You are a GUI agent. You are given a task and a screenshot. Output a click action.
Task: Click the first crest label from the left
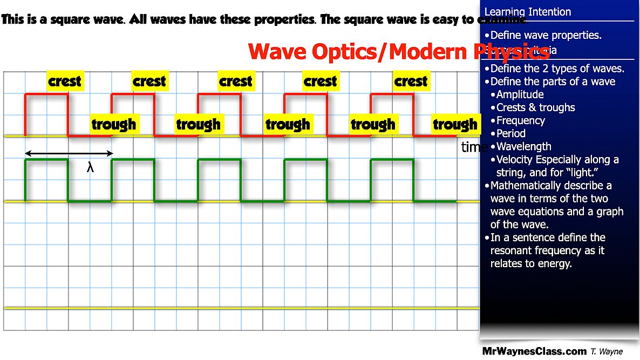tap(64, 81)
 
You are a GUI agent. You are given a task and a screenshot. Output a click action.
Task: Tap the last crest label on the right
tap(411, 81)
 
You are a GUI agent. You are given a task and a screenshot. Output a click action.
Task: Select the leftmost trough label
tap(113, 125)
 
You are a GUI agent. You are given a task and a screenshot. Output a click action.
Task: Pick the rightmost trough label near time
tap(455, 125)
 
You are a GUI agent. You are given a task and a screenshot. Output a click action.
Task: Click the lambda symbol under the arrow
tap(91, 168)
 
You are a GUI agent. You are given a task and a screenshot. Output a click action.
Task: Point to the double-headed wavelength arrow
tap(69, 154)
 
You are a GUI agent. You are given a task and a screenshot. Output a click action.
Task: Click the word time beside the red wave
tap(474, 147)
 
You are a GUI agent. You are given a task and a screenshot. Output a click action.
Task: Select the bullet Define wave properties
tap(546, 36)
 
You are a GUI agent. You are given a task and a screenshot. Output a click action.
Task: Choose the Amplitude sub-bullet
tap(520, 94)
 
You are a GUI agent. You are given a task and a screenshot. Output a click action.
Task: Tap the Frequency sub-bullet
tap(521, 120)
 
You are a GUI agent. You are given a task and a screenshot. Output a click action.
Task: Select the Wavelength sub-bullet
tap(523, 146)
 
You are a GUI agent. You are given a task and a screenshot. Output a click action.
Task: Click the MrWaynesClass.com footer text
tap(534, 351)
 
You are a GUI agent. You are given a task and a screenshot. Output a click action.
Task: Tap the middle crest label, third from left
tap(235, 81)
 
